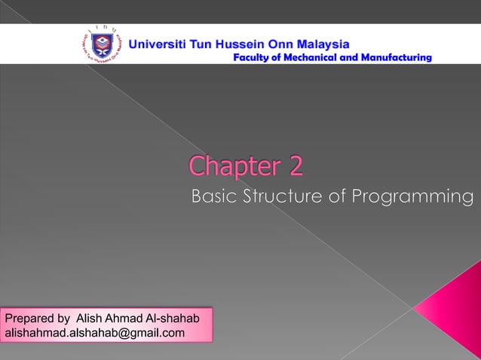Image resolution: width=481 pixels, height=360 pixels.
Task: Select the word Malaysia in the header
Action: click(x=319, y=43)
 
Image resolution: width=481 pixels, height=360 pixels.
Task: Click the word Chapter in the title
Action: click(x=235, y=166)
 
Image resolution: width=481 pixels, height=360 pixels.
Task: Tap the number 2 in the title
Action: click(x=295, y=166)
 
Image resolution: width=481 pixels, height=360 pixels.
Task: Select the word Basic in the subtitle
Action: click(x=215, y=197)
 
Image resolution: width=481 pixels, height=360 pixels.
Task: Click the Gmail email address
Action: click(x=95, y=332)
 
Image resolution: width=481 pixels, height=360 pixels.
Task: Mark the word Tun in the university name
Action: click(x=206, y=43)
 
